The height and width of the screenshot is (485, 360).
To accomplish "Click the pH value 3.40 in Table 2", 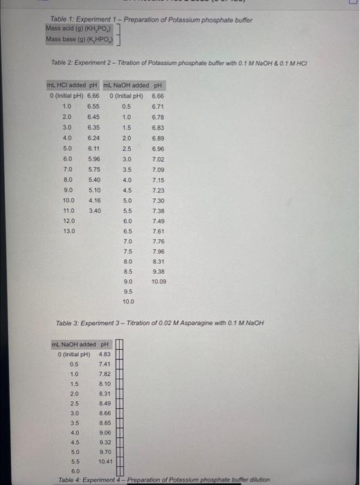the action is (95, 210).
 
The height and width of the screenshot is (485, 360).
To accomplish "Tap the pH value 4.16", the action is (95, 200).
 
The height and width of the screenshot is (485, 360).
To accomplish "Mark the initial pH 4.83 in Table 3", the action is (105, 355).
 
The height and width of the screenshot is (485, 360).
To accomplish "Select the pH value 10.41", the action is (105, 460).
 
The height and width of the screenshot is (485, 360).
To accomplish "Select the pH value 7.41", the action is (105, 364).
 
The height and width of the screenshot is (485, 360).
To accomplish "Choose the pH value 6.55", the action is (95, 106).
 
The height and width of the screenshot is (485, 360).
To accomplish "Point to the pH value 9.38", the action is (159, 272).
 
